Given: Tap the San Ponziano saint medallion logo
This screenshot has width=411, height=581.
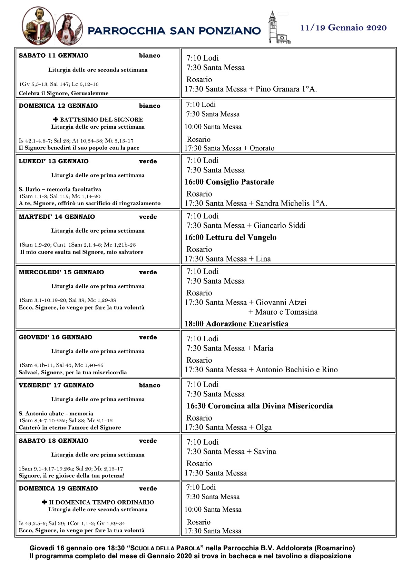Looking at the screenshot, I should tap(38, 26).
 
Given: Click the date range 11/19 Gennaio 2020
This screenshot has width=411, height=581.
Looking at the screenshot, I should tap(343, 28).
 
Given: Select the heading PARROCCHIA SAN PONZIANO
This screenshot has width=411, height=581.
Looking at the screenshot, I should tap(174, 31).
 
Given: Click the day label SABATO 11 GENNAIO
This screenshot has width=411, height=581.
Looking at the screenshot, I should tap(53, 56).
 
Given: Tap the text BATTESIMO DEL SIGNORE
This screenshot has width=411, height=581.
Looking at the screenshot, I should tap(101, 120).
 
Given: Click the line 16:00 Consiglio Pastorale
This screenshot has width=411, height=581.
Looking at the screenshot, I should tap(229, 182).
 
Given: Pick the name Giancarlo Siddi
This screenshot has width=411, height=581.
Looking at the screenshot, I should tap(280, 226).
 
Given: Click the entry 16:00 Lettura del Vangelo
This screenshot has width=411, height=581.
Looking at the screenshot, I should tap(230, 237).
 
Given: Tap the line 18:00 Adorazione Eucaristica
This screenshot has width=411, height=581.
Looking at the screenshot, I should tap(236, 324).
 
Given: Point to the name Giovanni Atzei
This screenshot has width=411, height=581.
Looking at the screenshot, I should tap(281, 303).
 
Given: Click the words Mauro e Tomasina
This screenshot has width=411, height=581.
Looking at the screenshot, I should tap(286, 312).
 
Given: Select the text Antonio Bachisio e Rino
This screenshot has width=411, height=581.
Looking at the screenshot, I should tap(296, 370).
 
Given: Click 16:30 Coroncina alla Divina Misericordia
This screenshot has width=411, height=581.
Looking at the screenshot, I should tap(260, 406).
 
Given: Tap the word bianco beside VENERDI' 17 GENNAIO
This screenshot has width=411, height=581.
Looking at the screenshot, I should tap(149, 385).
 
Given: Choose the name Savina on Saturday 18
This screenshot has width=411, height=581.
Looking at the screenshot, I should tap(265, 452).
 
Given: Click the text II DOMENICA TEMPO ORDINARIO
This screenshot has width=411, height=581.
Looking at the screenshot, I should tap(101, 502).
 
